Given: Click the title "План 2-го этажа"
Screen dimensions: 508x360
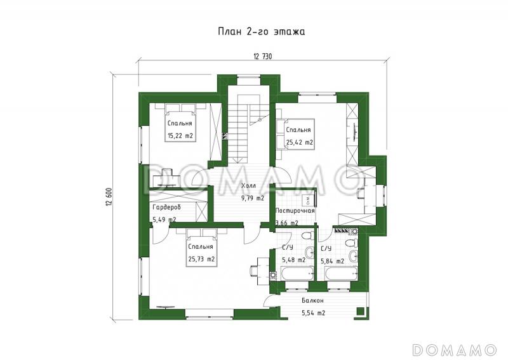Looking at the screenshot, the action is pyautogui.click(x=261, y=32).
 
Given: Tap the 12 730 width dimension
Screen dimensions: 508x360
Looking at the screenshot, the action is pyautogui.click(x=263, y=57).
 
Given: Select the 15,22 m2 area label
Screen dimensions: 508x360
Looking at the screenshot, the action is pyautogui.click(x=180, y=136).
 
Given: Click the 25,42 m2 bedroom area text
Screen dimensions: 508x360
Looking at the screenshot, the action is pyautogui.click(x=299, y=142).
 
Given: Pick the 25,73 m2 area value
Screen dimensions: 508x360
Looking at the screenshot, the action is pyautogui.click(x=201, y=259).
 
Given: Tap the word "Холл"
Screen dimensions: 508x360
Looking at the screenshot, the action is pyautogui.click(x=248, y=186).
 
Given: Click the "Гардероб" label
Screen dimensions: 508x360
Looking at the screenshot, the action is pyautogui.click(x=166, y=207).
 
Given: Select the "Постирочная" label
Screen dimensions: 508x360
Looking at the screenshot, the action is pyautogui.click(x=295, y=211).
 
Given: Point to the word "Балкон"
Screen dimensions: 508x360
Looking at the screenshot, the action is pyautogui.click(x=312, y=301).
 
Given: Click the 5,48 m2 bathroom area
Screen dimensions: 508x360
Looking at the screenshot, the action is pyautogui.click(x=293, y=260).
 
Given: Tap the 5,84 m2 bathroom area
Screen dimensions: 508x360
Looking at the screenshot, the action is pyautogui.click(x=332, y=261).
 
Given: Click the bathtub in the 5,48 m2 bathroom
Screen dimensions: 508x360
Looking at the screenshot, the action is pyautogui.click(x=297, y=274).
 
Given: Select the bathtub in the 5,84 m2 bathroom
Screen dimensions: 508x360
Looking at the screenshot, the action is pyautogui.click(x=341, y=274).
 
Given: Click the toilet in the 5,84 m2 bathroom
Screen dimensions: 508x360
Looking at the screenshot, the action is pyautogui.click(x=351, y=243).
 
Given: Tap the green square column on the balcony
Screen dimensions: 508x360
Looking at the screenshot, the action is pyautogui.click(x=359, y=311).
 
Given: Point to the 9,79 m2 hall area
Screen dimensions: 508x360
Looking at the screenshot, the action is pyautogui.click(x=252, y=198).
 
